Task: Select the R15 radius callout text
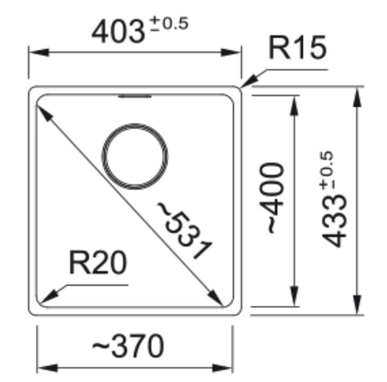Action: (x=297, y=48)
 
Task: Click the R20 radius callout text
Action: (x=98, y=263)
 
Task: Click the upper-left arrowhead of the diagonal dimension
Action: (x=42, y=112)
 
